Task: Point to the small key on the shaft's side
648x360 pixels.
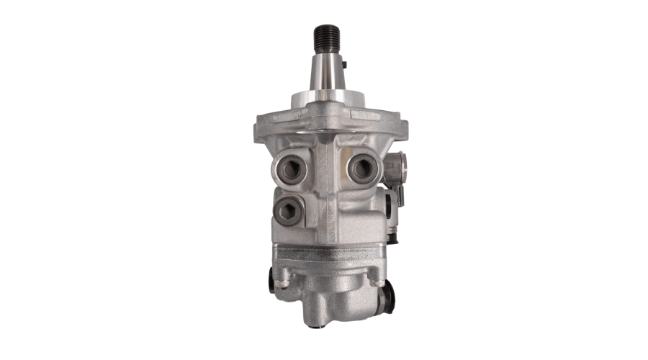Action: (345, 67)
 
